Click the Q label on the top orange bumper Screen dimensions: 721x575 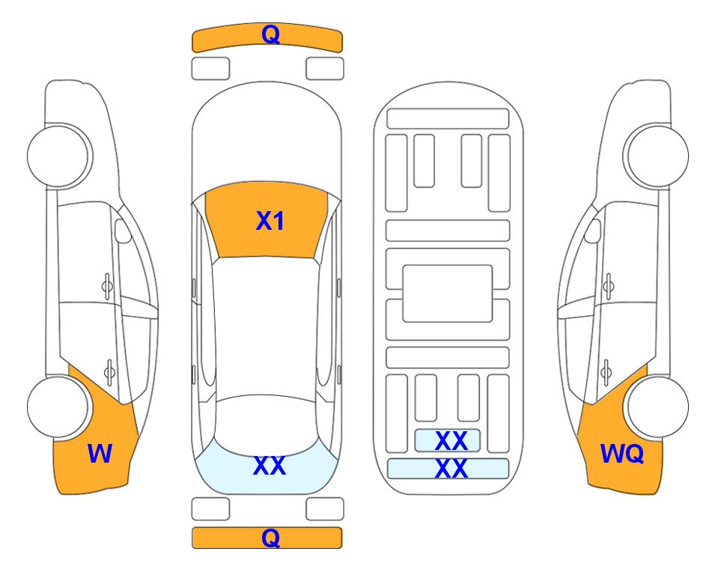[x=270, y=34]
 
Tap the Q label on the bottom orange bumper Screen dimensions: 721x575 [x=270, y=538]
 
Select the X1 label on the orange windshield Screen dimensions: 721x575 [x=270, y=221]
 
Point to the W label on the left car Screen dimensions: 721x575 [x=100, y=454]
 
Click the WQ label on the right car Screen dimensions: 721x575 [x=621, y=454]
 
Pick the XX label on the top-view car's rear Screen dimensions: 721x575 [x=270, y=466]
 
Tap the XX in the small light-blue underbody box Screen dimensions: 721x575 [x=451, y=441]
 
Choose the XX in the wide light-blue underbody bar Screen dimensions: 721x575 [x=451, y=469]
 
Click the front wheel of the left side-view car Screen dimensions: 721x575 [x=58, y=156]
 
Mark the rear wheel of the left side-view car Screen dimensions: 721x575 [x=58, y=407]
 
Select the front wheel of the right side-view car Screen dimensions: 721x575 [x=657, y=156]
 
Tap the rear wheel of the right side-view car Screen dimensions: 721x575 [x=657, y=407]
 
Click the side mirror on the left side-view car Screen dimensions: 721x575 [x=123, y=231]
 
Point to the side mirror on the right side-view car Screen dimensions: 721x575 [x=593, y=231]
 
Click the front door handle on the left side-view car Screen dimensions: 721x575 [x=107, y=286]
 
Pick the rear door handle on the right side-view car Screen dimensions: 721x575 [x=606, y=373]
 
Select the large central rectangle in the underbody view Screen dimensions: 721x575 [x=448, y=293]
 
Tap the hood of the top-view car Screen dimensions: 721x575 [x=267, y=138]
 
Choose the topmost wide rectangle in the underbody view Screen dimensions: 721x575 [x=448, y=119]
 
